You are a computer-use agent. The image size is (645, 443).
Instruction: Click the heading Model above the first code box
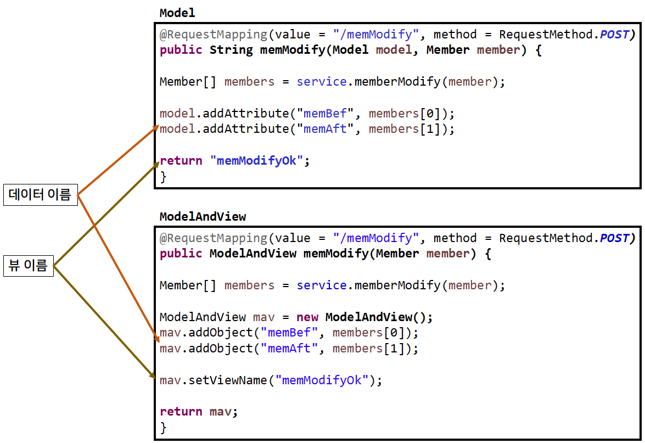[x=177, y=13]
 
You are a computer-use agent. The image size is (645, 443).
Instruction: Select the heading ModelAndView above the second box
[x=203, y=216]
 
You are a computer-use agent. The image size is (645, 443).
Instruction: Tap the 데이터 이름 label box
[x=40, y=195]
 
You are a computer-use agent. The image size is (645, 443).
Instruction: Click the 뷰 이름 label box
[x=29, y=267]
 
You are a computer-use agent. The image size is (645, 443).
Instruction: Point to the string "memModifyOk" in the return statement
[x=257, y=161]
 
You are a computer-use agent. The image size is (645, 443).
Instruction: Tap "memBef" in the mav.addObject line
[x=289, y=333]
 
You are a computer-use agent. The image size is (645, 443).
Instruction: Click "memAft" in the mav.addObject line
[x=289, y=349]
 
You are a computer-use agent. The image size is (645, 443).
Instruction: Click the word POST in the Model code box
[x=614, y=35]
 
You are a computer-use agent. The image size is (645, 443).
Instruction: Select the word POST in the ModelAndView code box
[x=614, y=238]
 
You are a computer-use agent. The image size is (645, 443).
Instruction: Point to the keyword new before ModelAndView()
[x=307, y=317]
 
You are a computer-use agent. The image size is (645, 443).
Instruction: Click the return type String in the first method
[x=231, y=50]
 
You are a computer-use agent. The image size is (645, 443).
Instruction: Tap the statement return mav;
[x=199, y=412]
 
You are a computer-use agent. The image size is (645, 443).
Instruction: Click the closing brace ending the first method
[x=163, y=177]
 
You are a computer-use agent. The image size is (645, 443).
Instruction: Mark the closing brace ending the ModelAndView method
[x=163, y=427]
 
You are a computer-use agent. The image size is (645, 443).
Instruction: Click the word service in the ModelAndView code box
[x=322, y=285]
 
